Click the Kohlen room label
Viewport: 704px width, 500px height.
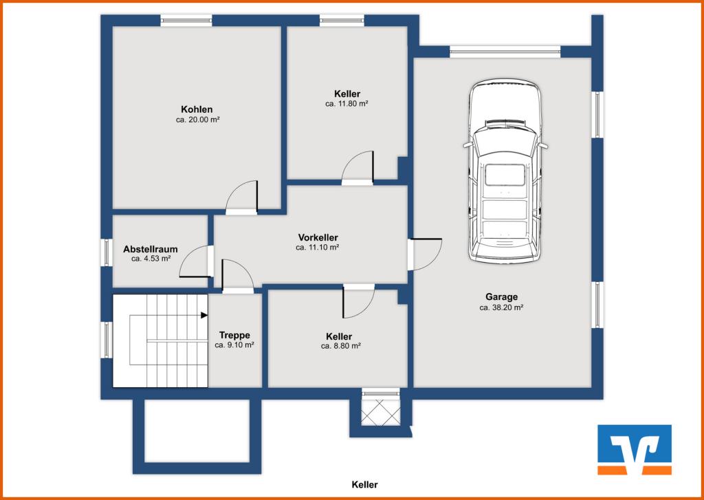(197, 109)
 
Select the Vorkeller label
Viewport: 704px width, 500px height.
(318, 237)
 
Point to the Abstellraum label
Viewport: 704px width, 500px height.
(151, 249)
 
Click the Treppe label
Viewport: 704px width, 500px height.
(234, 335)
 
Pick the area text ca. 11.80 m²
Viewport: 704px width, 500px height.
(347, 104)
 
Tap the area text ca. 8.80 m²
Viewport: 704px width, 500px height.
(341, 347)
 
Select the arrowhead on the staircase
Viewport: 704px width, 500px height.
(204, 316)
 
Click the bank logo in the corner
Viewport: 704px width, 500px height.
(634, 449)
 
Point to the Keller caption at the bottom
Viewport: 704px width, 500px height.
(364, 485)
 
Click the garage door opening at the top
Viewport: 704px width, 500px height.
(505, 51)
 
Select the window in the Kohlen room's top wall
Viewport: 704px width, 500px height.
(186, 21)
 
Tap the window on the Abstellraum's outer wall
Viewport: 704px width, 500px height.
(107, 252)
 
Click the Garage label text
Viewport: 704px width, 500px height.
(501, 297)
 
